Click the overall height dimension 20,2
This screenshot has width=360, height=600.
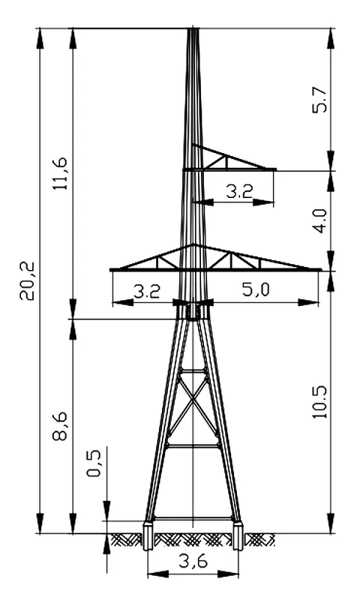[x=28, y=280]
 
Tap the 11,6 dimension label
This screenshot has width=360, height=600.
[x=61, y=173]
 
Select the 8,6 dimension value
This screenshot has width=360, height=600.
[x=61, y=426]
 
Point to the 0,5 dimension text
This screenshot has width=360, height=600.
[x=94, y=463]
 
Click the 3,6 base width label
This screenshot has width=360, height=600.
[x=193, y=561]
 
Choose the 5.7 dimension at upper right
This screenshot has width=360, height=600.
[x=319, y=100]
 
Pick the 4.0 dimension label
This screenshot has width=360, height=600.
[x=319, y=220]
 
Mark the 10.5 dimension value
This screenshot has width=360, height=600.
[x=319, y=402]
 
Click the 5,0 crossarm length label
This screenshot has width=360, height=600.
[x=256, y=289]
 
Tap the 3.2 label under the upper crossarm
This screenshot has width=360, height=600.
[x=239, y=191]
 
